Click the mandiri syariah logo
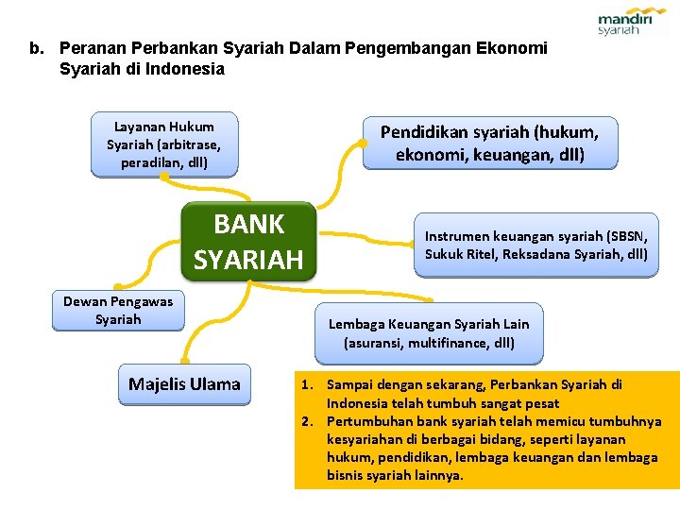point(625,22)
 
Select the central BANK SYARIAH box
point(248,241)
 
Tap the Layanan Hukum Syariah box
point(164,144)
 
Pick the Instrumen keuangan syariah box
point(535,245)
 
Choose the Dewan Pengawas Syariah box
point(118,311)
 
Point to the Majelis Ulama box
point(184,383)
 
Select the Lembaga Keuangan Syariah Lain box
point(429,333)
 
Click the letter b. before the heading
point(37,48)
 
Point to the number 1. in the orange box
point(307,384)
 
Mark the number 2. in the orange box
point(307,421)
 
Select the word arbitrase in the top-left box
point(188,144)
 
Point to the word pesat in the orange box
point(541,403)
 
